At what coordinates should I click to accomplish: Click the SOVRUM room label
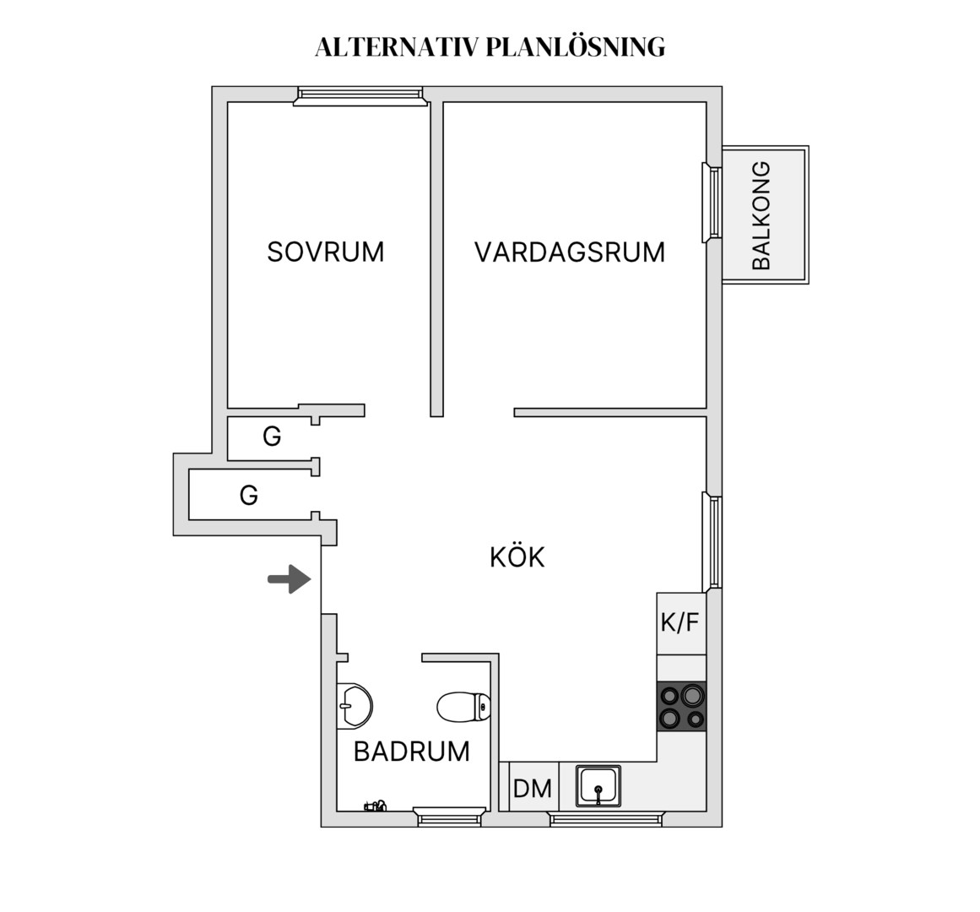[x=325, y=252]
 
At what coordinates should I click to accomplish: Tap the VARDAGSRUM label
[x=570, y=252]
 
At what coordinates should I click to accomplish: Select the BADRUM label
[x=411, y=752]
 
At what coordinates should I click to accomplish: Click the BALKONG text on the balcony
[x=761, y=215]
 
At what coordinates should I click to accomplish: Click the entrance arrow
[x=290, y=578]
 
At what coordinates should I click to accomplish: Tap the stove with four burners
[x=681, y=706]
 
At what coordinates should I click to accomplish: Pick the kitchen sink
[x=598, y=785]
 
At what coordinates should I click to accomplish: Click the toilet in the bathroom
[x=463, y=707]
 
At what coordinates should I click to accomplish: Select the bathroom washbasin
[x=354, y=706]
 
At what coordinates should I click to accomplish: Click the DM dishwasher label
[x=532, y=788]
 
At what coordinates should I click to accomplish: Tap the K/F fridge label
[x=680, y=622]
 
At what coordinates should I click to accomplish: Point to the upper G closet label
[x=272, y=437]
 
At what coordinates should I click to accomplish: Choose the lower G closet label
[x=249, y=495]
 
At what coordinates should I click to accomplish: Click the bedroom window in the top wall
[x=360, y=96]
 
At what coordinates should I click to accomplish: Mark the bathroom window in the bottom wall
[x=449, y=817]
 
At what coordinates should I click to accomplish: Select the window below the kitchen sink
[x=605, y=818]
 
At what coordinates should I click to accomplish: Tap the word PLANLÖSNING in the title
[x=575, y=47]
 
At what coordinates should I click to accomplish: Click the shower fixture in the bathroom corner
[x=375, y=806]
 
